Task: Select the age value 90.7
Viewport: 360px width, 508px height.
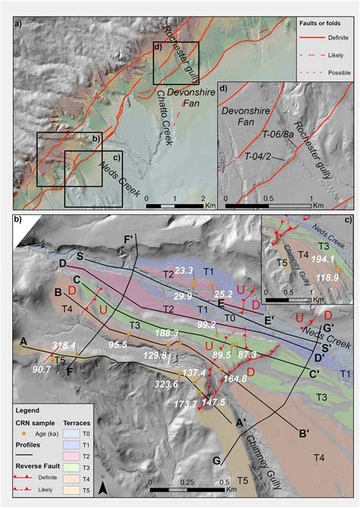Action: point(42,370)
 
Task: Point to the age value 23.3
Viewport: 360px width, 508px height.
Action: point(185,270)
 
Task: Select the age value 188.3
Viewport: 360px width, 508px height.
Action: point(166,333)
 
